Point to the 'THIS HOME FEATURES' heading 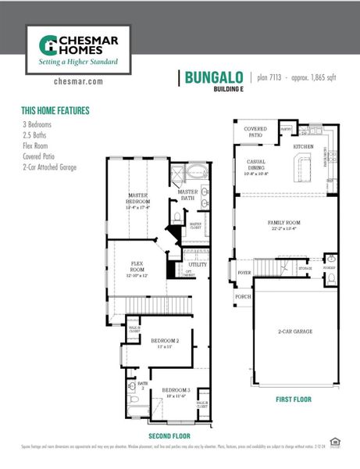[55, 110]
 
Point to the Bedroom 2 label [166, 342]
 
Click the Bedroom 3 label [176, 391]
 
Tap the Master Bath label [188, 195]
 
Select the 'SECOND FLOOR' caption [168, 435]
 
